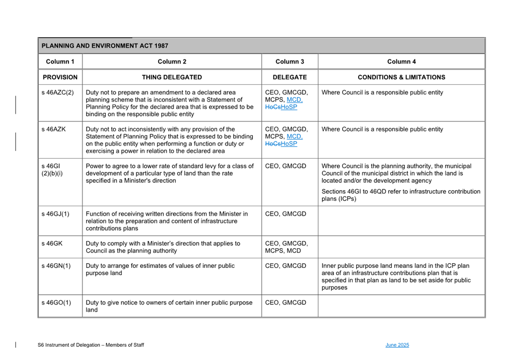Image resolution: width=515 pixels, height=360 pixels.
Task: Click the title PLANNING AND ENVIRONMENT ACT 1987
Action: click(x=105, y=46)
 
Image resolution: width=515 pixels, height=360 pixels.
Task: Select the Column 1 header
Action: click(x=60, y=62)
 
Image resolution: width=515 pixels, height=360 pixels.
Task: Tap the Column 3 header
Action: click(x=289, y=62)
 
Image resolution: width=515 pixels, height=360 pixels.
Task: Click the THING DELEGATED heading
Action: click(x=172, y=77)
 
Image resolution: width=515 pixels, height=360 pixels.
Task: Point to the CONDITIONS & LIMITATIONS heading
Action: click(x=401, y=77)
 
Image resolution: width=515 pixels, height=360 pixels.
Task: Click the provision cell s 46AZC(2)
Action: click(x=58, y=93)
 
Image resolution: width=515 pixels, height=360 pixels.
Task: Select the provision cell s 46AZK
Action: click(x=54, y=129)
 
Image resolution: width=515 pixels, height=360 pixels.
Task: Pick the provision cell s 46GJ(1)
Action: click(x=55, y=214)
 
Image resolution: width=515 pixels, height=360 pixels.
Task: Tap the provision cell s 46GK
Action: click(x=52, y=243)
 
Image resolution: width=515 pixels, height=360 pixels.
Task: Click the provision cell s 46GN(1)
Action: click(x=56, y=266)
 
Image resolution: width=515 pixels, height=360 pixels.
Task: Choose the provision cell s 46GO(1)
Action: click(x=56, y=303)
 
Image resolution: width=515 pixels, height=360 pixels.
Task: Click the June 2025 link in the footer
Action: click(x=397, y=345)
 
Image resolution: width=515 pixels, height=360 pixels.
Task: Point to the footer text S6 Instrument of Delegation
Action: click(x=91, y=345)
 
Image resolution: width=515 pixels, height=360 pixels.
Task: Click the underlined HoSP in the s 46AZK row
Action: click(x=289, y=144)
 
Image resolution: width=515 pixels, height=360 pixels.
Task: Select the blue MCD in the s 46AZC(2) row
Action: click(x=294, y=100)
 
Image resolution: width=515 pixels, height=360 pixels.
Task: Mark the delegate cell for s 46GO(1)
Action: click(x=286, y=303)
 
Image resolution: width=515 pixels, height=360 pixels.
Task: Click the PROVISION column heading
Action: click(x=60, y=77)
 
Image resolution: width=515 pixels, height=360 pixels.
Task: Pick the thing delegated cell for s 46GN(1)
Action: click(x=160, y=269)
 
